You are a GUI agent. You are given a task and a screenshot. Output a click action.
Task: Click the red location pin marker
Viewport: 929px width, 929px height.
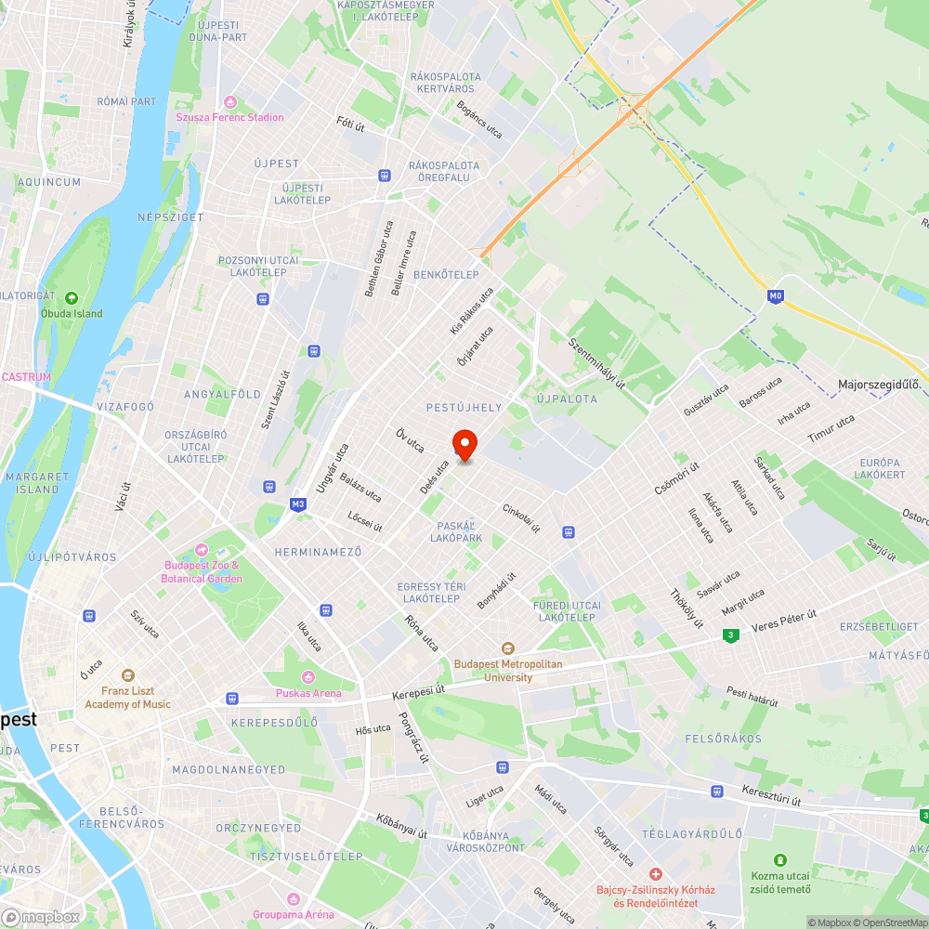coord(464,444)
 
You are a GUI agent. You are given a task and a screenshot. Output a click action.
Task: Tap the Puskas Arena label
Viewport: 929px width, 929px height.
coord(308,693)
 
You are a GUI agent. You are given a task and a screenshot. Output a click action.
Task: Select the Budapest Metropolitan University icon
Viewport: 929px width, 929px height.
coord(507,648)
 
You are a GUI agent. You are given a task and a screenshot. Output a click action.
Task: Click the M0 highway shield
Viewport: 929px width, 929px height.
coord(776,296)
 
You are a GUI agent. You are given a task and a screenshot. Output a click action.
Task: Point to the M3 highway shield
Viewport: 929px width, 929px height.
coord(297,504)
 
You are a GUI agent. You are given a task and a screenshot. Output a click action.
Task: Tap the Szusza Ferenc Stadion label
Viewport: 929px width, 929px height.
coord(230,117)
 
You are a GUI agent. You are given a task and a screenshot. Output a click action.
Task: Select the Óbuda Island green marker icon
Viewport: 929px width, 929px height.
coord(72,298)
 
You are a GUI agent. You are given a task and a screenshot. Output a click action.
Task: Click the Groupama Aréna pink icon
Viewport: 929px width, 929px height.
coord(294,899)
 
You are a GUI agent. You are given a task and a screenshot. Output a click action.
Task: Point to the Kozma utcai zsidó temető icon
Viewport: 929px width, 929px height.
coord(780,860)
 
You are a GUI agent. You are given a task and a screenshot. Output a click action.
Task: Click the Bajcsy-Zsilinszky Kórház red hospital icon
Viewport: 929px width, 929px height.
coord(656,874)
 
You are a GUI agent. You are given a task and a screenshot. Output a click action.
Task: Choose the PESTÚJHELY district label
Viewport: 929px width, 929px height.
coord(464,407)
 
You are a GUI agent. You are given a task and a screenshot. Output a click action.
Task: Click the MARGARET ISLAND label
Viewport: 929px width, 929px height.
coord(37,482)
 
